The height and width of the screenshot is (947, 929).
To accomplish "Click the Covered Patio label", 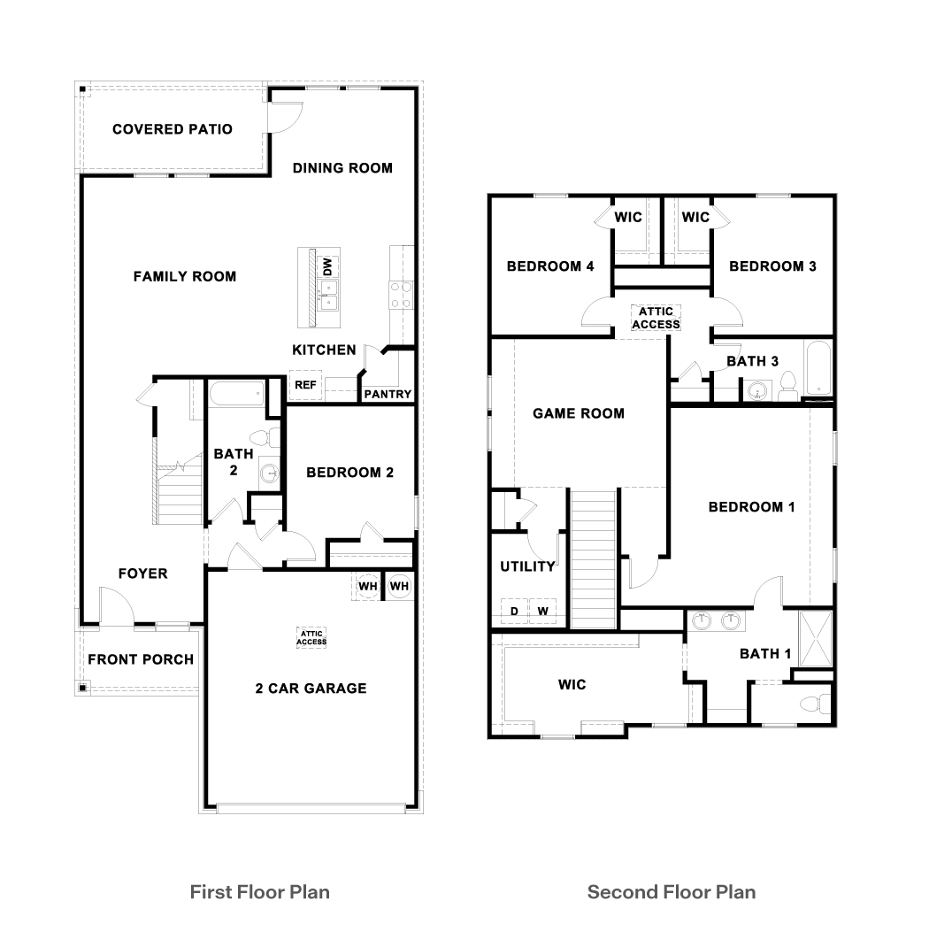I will tap(173, 129).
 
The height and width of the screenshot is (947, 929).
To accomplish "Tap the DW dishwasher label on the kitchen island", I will tap(327, 266).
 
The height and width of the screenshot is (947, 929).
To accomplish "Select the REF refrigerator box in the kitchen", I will tap(305, 385).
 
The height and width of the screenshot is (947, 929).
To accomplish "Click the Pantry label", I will tap(388, 394).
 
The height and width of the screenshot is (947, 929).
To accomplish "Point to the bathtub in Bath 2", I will tap(237, 393).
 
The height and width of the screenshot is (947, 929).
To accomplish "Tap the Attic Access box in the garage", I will tap(311, 637).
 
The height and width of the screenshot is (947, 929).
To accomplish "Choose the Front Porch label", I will tap(141, 659).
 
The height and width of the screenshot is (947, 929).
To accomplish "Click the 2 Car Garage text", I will tap(311, 688).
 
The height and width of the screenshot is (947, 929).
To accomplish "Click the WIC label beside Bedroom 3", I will tap(695, 218).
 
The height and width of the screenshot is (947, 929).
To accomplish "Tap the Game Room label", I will tap(578, 413).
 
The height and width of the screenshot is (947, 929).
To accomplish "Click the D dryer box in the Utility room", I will tap(514, 612).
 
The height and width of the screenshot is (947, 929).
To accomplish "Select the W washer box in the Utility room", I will tap(542, 612).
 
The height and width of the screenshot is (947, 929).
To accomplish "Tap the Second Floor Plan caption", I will tap(672, 891).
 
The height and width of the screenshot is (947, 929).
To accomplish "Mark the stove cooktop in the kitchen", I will tap(400, 294).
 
